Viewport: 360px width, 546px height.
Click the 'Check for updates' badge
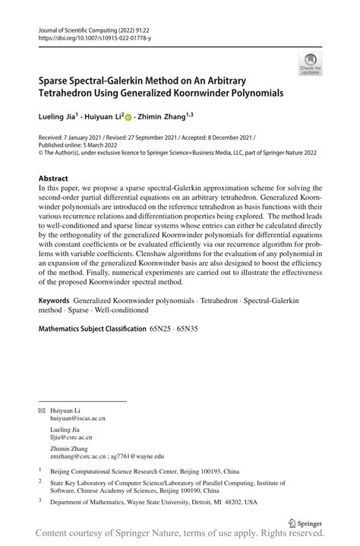[x=310, y=65]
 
